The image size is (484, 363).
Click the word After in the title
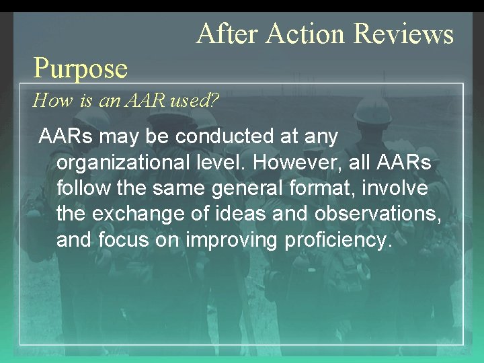[x=226, y=33]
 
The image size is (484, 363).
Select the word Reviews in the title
[x=403, y=33]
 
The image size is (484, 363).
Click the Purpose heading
[x=81, y=67]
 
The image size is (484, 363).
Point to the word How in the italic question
[x=47, y=102]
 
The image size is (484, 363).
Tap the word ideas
[x=230, y=214]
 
